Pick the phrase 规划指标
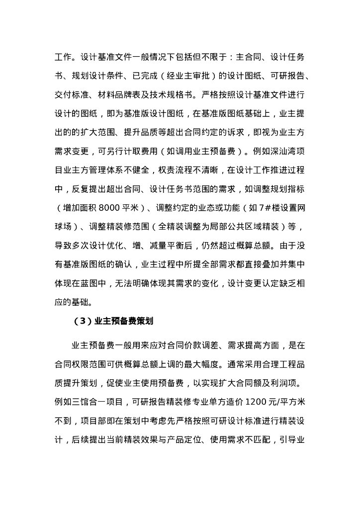[x=286, y=188]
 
